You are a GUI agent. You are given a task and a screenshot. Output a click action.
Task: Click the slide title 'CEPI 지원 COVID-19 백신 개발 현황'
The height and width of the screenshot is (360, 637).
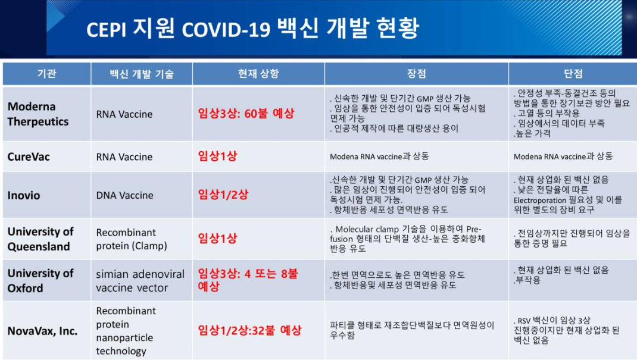coord(252,29)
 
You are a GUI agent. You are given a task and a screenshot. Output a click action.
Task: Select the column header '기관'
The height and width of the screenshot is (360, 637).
coord(46,74)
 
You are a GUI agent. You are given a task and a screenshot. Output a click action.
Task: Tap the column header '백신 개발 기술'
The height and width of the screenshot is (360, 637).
coord(142,74)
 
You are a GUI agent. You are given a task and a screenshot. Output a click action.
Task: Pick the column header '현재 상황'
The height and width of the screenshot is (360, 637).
coord(258,74)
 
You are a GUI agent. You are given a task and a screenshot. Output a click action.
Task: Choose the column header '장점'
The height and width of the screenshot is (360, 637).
coord(416,74)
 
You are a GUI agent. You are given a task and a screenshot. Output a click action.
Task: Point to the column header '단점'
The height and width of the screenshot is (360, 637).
coord(573,74)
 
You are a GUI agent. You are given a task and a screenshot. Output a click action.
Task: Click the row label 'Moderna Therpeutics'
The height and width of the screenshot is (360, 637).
coord(38,114)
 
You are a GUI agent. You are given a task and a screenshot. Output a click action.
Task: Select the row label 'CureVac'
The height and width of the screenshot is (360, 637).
coord(29,156)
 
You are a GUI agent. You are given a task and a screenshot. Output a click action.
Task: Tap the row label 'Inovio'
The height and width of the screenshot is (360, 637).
coord(24,195)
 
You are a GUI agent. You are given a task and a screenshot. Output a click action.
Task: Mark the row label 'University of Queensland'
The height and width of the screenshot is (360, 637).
coord(40,239)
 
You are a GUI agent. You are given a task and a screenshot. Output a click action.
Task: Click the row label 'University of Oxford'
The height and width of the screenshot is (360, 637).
coord(40,280)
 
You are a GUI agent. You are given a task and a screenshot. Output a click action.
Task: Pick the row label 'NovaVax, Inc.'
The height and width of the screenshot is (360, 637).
coord(42,331)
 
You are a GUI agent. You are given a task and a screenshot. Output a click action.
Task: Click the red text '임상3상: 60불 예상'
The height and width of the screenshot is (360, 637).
coord(246,113)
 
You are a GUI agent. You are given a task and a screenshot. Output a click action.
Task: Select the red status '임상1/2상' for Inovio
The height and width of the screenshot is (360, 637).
coord(223,195)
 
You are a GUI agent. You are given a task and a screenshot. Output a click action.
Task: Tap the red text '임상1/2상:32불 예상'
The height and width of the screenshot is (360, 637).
coord(249,330)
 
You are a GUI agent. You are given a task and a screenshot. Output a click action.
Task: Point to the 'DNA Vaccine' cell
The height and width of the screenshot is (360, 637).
coord(124,195)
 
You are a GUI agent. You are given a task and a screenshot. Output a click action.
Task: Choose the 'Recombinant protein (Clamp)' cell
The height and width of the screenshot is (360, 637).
coord(132,239)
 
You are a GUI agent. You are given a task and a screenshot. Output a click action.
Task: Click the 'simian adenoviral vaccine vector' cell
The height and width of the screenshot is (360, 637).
coord(140,281)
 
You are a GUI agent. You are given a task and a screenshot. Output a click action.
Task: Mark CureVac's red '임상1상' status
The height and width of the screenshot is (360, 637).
coord(217,156)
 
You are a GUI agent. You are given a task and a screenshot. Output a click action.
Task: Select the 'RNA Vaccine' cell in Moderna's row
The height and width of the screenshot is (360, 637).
coord(124,114)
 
